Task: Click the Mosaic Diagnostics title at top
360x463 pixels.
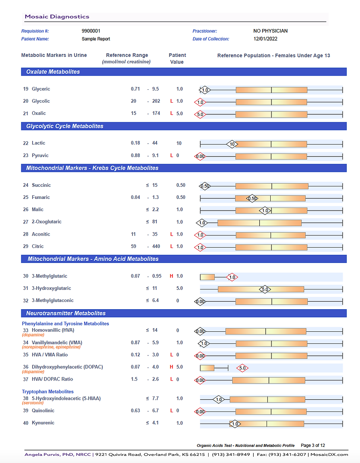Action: tap(57, 17)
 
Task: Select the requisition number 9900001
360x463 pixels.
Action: tap(91, 31)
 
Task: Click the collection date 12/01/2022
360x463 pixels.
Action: tap(265, 39)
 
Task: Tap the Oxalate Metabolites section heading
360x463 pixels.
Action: tap(53, 72)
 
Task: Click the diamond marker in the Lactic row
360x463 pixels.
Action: tap(232, 144)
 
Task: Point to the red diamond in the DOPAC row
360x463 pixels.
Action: tap(242, 368)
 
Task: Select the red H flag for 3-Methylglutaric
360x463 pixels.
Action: tap(171, 276)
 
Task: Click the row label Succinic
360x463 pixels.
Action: tap(41, 185)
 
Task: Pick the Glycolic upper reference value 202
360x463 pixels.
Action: tap(156, 101)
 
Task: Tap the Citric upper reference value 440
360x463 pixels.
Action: tap(156, 246)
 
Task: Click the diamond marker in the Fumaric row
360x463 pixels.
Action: tap(252, 198)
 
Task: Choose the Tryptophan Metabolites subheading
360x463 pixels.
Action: tap(48, 392)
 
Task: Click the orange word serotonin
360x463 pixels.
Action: tap(33, 403)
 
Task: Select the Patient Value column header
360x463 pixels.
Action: tap(177, 58)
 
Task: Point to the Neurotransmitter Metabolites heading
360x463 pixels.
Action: tap(66, 313)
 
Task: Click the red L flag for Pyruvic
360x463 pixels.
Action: tap(172, 155)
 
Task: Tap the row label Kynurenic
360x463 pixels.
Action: tap(43, 423)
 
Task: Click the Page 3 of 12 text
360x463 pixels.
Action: tap(313, 445)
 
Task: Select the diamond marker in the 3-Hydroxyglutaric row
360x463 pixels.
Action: tap(265, 289)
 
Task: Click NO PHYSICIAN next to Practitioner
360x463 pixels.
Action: tap(270, 31)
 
